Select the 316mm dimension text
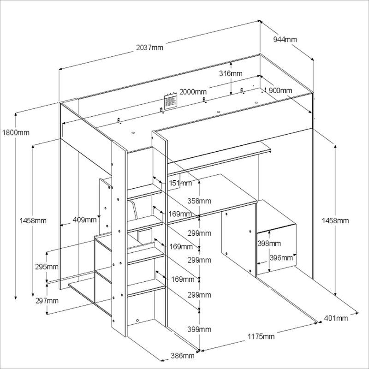click(230, 74)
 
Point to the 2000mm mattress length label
click(193, 91)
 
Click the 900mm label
click(280, 90)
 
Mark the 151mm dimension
click(180, 184)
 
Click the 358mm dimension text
click(199, 201)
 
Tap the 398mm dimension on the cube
click(268, 243)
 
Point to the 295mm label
click(46, 267)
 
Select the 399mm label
click(199, 329)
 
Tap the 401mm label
click(336, 318)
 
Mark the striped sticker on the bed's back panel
click(171, 100)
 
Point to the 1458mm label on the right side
click(336, 221)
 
